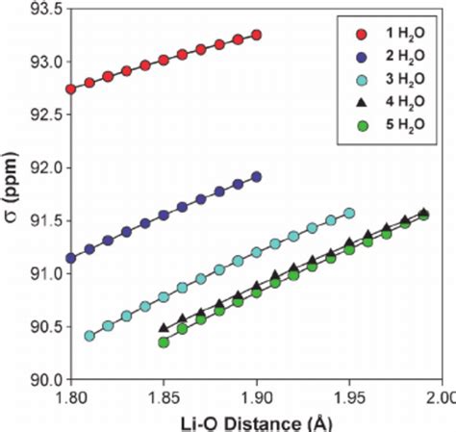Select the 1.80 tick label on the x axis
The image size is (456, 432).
[70, 397]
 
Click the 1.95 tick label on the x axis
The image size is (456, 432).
[349, 397]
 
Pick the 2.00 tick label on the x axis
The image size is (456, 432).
[440, 397]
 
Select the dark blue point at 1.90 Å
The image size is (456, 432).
[256, 177]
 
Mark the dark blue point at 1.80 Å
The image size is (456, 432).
[70, 258]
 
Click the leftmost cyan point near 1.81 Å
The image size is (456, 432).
[89, 336]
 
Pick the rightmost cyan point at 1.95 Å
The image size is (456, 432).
[349, 214]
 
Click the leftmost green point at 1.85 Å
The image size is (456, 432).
[164, 342]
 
